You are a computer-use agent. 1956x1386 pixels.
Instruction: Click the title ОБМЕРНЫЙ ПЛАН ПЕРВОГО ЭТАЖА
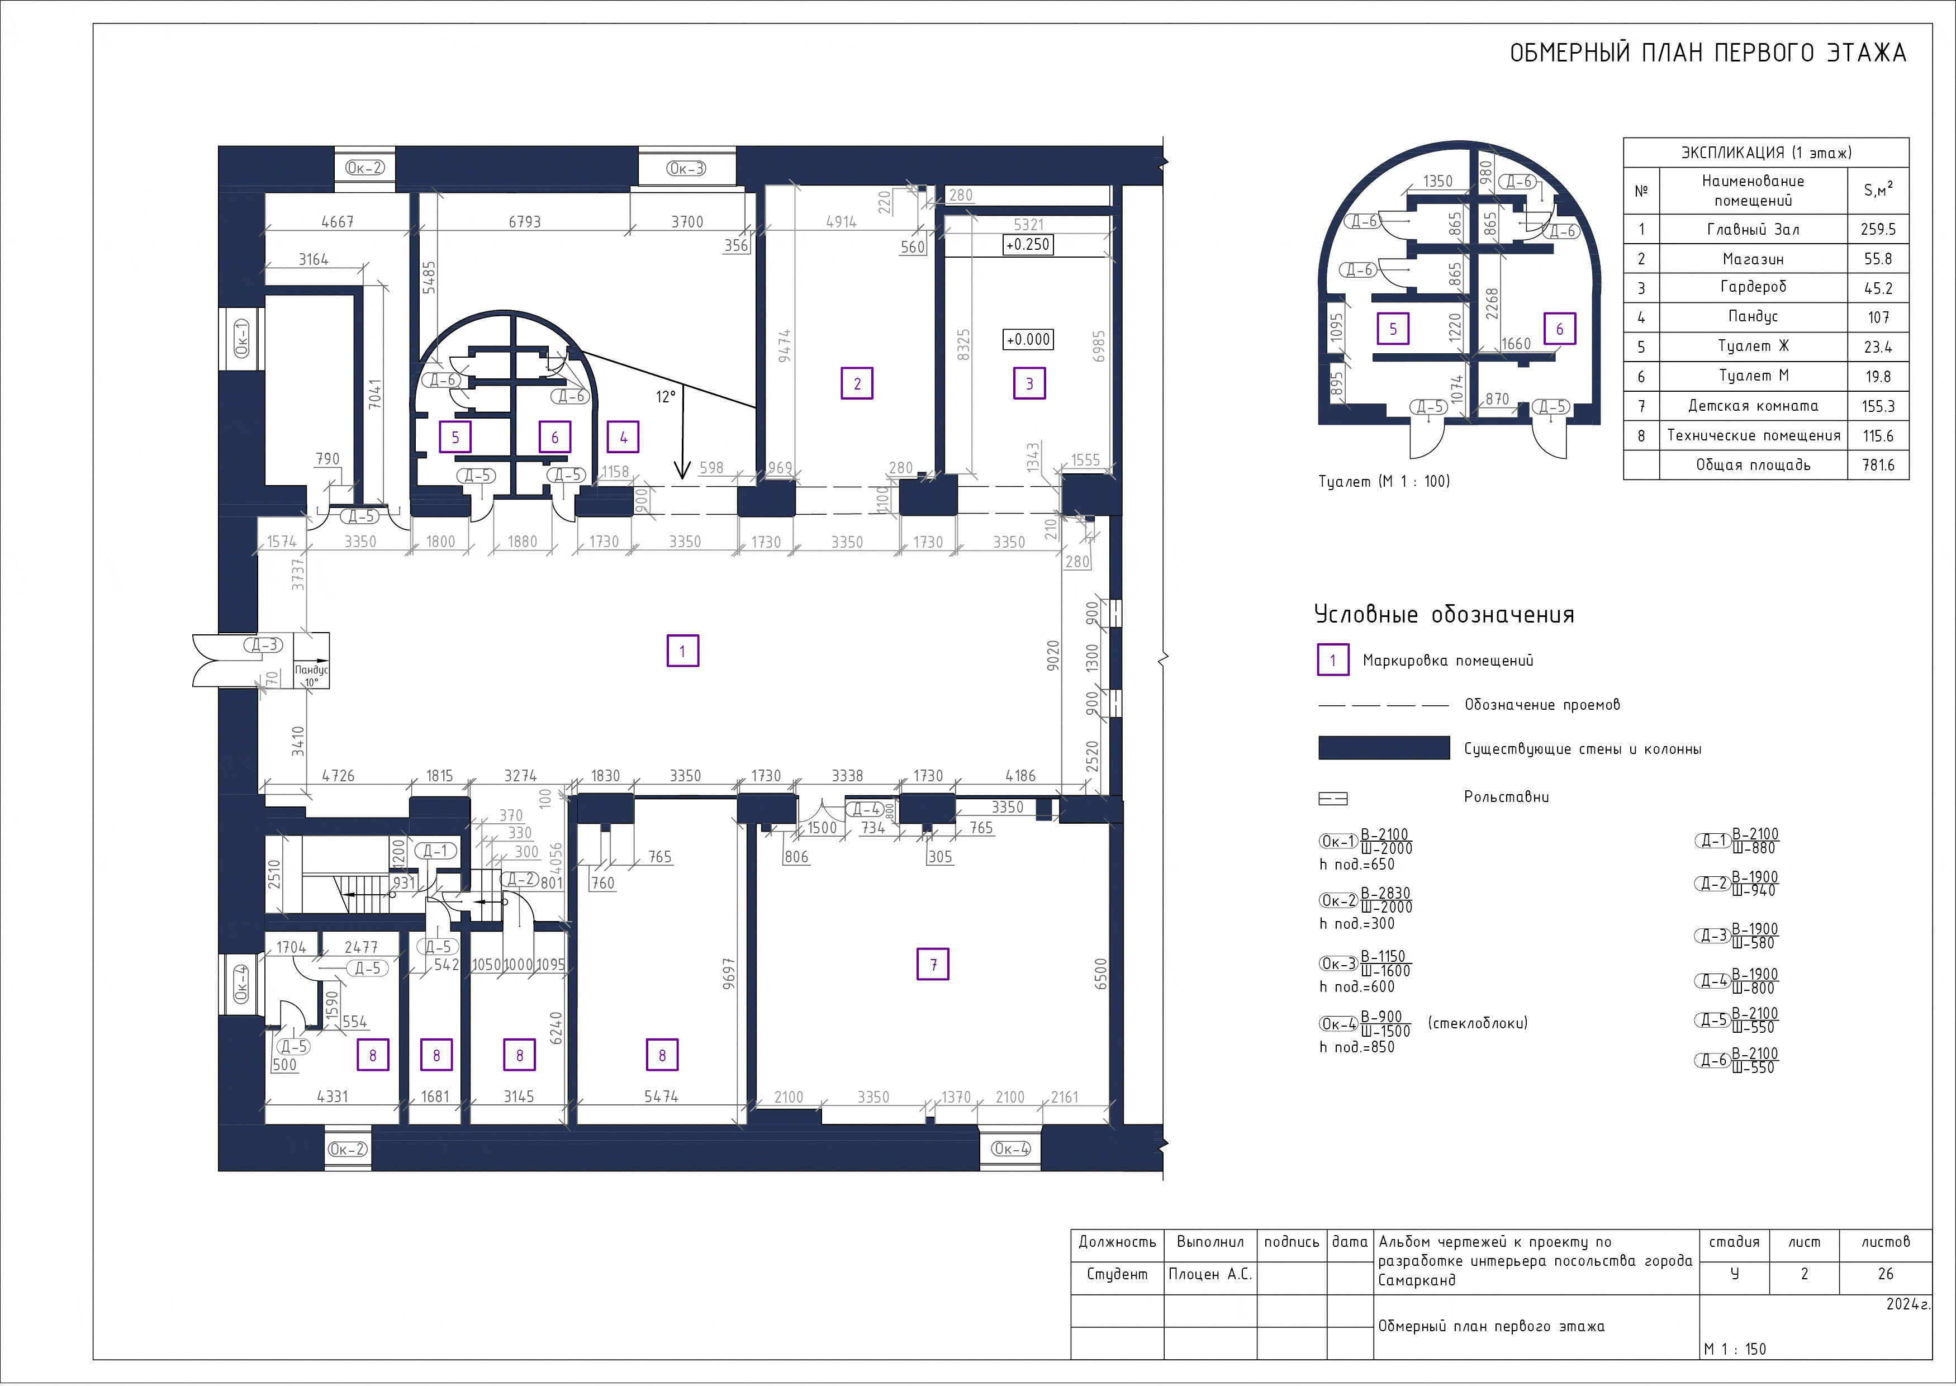pyautogui.click(x=1708, y=53)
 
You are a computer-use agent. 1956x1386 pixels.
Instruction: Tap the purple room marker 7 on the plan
pyautogui.click(x=933, y=965)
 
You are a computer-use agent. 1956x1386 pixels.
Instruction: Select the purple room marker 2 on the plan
pyautogui.click(x=857, y=383)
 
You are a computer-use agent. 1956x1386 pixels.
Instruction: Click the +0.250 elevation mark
pyautogui.click(x=1028, y=245)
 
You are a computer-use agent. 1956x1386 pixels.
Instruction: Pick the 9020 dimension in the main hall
pyautogui.click(x=1053, y=654)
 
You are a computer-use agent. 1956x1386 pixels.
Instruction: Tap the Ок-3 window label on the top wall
pyautogui.click(x=687, y=169)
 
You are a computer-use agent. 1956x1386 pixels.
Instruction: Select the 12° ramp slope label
pyautogui.click(x=666, y=397)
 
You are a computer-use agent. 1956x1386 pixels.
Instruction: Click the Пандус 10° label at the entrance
pyautogui.click(x=311, y=676)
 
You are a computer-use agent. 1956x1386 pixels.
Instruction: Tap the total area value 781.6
pyautogui.click(x=1878, y=465)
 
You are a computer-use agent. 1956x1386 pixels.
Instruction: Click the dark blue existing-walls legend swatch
pyautogui.click(x=1383, y=748)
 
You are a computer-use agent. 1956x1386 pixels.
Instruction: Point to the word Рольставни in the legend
pyautogui.click(x=1506, y=797)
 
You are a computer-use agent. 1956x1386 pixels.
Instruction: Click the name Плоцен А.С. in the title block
pyautogui.click(x=1210, y=1274)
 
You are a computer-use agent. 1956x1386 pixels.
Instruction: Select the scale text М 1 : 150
pyautogui.click(x=1735, y=1349)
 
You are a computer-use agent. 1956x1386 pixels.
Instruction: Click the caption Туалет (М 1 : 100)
pyautogui.click(x=1384, y=481)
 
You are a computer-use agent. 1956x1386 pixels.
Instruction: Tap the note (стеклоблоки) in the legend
pyautogui.click(x=1477, y=1022)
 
